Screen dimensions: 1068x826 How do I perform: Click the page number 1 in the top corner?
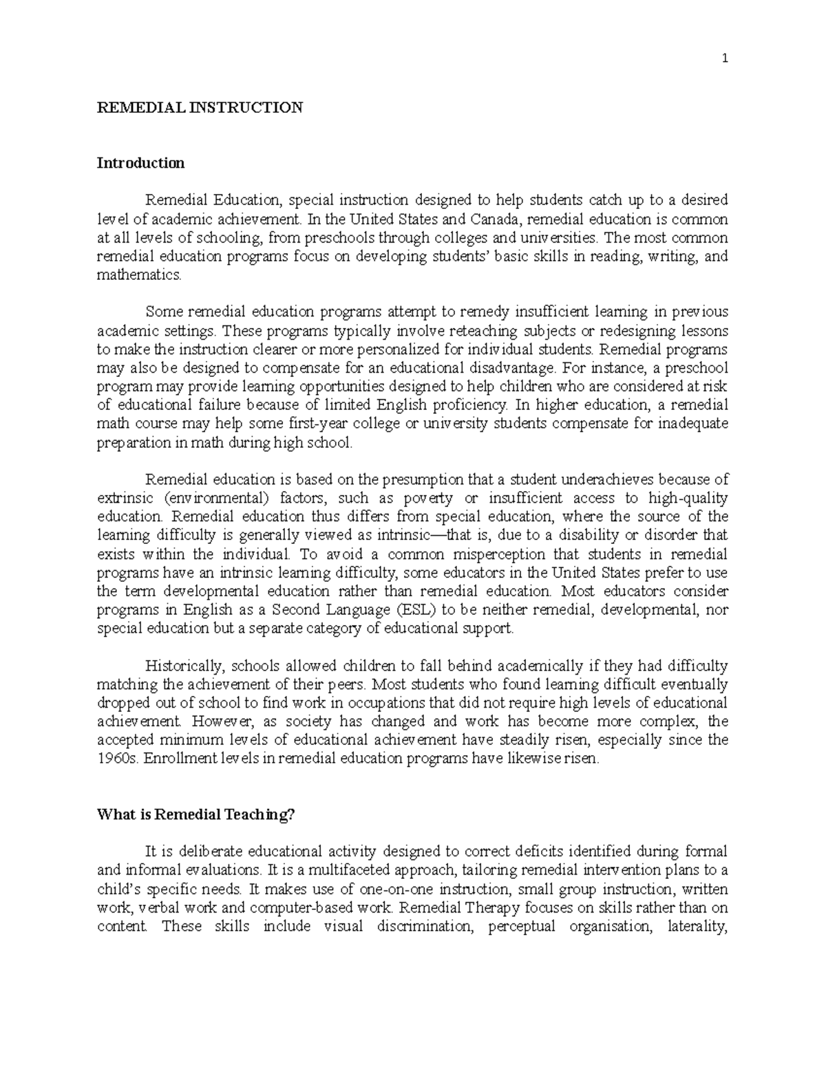pos(724,58)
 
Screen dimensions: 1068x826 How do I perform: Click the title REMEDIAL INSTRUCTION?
pos(200,107)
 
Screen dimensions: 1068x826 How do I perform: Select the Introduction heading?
pos(140,163)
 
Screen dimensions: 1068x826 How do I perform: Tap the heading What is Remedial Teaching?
pos(196,814)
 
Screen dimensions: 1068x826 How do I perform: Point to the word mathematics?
pos(140,275)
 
